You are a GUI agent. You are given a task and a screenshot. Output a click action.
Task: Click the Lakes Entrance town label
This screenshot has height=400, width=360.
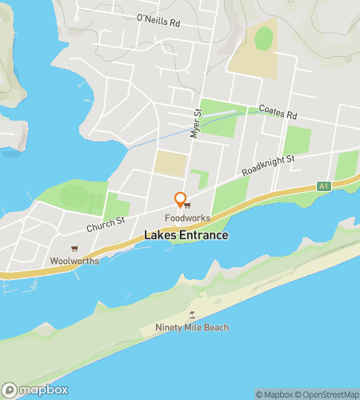coord(186,235)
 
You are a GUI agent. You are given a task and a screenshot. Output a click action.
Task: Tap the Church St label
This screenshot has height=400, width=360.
coord(107,226)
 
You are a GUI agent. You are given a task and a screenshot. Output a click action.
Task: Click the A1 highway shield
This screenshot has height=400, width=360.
coord(323,186)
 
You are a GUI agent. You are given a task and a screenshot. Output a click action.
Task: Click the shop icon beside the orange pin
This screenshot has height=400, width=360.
coord(188,204)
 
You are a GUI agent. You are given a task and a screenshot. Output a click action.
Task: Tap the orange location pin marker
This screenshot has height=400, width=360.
coord(181,201)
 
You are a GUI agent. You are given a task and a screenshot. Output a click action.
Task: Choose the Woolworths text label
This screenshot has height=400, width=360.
coord(74,260)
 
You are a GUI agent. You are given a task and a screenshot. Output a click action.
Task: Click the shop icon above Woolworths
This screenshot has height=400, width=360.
coord(74,249)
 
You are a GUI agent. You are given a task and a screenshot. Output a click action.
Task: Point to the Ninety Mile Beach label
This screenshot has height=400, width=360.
coord(191,327)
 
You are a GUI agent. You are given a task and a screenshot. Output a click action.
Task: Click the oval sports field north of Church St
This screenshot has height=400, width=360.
coord(74,195)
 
